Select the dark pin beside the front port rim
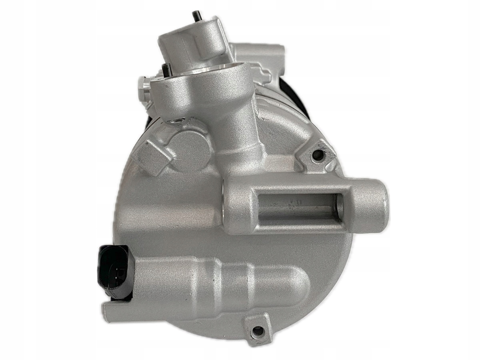[x=166, y=69]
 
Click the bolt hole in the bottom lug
[x=258, y=330]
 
